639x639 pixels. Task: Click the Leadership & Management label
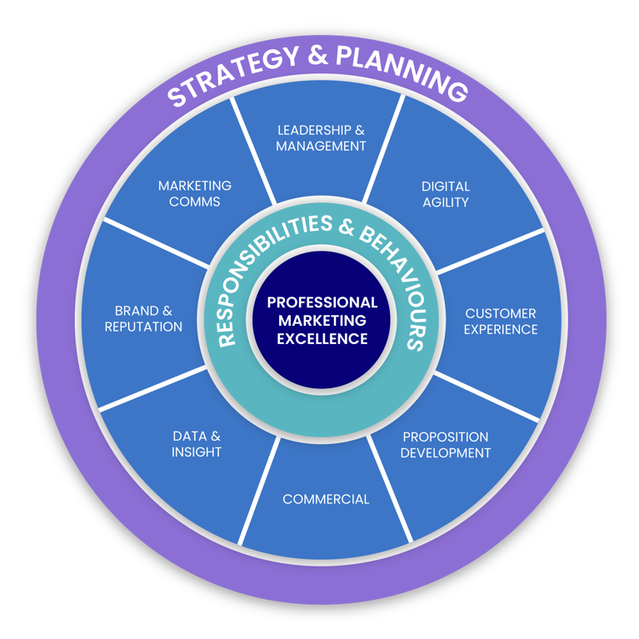pos(321,138)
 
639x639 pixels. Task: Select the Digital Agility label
pos(445,194)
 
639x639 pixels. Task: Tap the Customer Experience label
pos(500,322)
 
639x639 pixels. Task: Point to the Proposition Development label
pos(445,445)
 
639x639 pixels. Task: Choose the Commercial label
pos(326,500)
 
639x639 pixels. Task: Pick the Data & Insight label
pos(197,444)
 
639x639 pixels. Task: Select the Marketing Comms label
pos(195,193)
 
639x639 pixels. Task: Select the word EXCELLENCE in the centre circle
pos(322,338)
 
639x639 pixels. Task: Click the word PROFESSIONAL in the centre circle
pos(322,302)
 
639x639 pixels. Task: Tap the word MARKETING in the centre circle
pos(322,320)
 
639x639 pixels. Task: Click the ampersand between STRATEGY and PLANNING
pos(318,56)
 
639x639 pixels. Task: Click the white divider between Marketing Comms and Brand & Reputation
pos(155,243)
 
